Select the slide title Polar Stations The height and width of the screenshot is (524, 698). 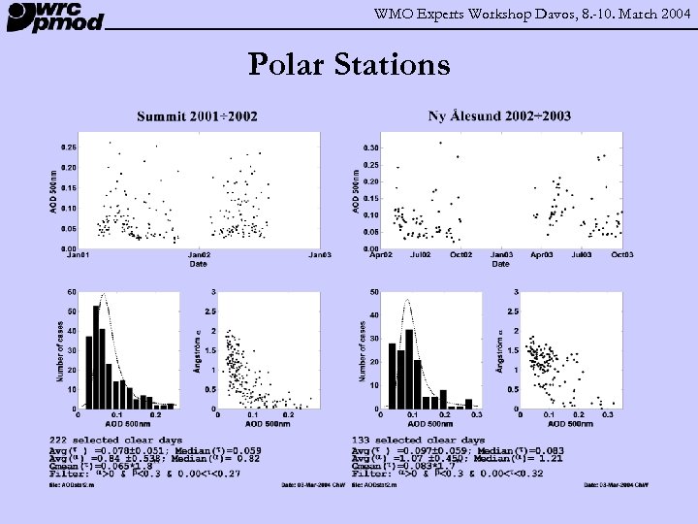click(x=349, y=65)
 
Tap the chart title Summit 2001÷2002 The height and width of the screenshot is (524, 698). click(x=197, y=116)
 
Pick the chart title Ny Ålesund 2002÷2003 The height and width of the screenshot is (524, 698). click(x=499, y=116)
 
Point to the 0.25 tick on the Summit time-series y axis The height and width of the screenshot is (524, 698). click(x=69, y=147)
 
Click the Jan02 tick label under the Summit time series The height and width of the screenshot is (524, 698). click(x=198, y=255)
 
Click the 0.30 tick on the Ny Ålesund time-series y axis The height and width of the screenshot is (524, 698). click(x=371, y=147)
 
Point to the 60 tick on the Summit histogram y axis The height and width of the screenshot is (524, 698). click(x=73, y=291)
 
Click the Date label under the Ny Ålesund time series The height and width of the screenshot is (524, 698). click(x=500, y=263)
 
